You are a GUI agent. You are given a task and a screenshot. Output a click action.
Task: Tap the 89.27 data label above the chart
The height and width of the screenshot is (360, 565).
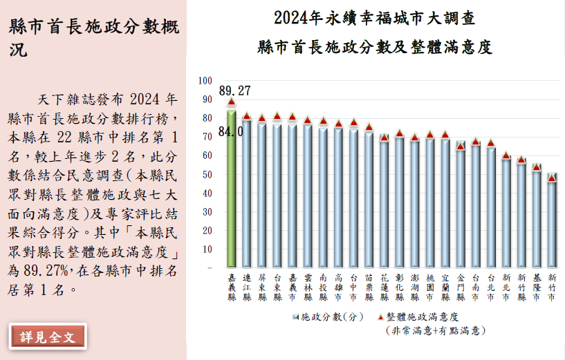[x=234, y=91]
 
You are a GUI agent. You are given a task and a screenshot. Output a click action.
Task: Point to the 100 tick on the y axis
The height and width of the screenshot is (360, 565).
[x=205, y=81]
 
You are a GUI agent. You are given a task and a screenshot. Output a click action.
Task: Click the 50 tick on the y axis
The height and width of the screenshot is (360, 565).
[x=207, y=174]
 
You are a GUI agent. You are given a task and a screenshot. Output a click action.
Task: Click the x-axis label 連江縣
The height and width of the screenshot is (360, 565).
[x=246, y=287]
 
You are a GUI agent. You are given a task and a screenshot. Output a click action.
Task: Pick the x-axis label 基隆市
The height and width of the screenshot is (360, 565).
[x=536, y=287]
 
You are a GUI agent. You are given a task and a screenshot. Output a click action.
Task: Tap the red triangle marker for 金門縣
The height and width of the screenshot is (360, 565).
[x=461, y=146]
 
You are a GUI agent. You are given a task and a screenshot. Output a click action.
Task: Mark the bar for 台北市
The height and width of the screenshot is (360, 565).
[x=490, y=207]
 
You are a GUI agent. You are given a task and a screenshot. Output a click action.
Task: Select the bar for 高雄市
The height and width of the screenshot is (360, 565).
[x=338, y=197]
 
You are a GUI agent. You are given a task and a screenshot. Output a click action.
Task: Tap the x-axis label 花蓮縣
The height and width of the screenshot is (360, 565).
[x=385, y=287]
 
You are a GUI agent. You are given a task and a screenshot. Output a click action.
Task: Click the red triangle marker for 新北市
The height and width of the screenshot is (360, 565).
[x=506, y=155]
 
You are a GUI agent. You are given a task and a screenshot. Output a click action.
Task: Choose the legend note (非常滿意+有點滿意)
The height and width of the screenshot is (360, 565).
[x=435, y=331]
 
